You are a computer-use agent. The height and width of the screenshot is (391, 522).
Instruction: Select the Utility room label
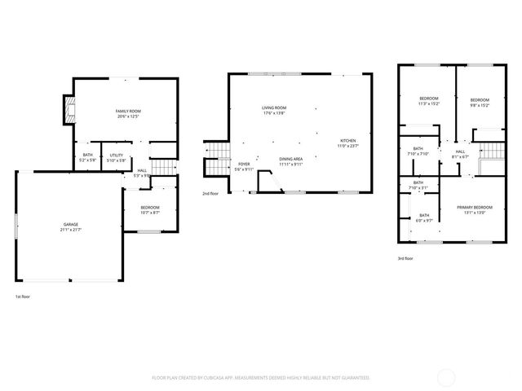tap(117, 157)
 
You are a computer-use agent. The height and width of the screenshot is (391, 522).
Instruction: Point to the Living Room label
tap(274, 110)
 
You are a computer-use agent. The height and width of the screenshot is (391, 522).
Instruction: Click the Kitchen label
tap(348, 143)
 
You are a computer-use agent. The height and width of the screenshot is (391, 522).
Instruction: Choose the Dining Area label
tap(291, 161)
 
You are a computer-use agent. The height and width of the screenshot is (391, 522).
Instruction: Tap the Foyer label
tap(245, 166)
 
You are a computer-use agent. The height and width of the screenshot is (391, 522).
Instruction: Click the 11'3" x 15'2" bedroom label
tap(428, 101)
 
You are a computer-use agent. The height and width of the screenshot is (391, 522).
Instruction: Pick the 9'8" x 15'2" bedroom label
tap(479, 101)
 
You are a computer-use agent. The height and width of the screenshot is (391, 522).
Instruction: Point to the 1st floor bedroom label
tap(149, 210)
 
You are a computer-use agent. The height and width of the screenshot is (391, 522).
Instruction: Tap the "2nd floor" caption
tap(210, 193)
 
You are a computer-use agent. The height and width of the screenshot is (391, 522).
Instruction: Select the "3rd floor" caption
tap(405, 258)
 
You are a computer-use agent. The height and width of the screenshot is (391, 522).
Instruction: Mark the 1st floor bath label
tap(87, 157)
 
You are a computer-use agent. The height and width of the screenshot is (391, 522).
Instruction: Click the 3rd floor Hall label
tap(460, 154)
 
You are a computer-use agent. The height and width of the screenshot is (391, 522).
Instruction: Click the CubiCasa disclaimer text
tap(261, 378)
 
